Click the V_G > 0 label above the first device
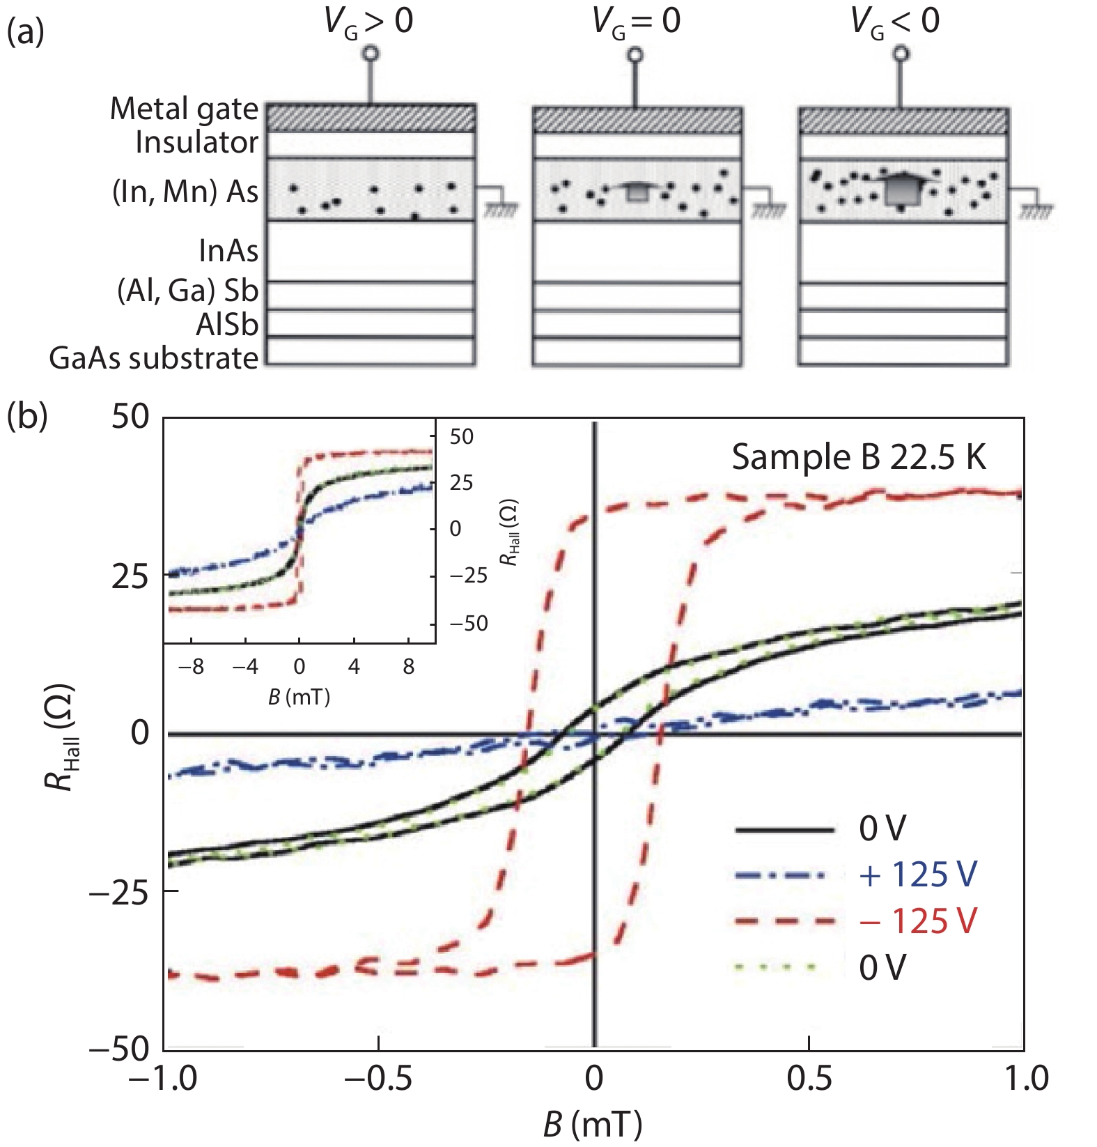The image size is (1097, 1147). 368,21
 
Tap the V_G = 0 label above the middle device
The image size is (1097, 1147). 635,21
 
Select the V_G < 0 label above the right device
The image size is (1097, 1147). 895,21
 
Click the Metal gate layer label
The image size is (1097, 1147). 184,109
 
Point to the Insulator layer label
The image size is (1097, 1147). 196,142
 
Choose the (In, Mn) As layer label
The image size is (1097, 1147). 185,192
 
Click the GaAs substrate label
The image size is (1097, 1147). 154,358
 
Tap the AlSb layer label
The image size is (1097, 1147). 227,325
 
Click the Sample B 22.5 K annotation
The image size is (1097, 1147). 859,458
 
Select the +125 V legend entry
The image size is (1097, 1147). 917,875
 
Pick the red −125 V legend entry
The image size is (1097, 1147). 917,921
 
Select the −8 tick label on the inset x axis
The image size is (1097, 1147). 191,667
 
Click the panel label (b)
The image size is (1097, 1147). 26,416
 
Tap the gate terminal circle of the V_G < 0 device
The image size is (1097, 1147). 901,54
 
